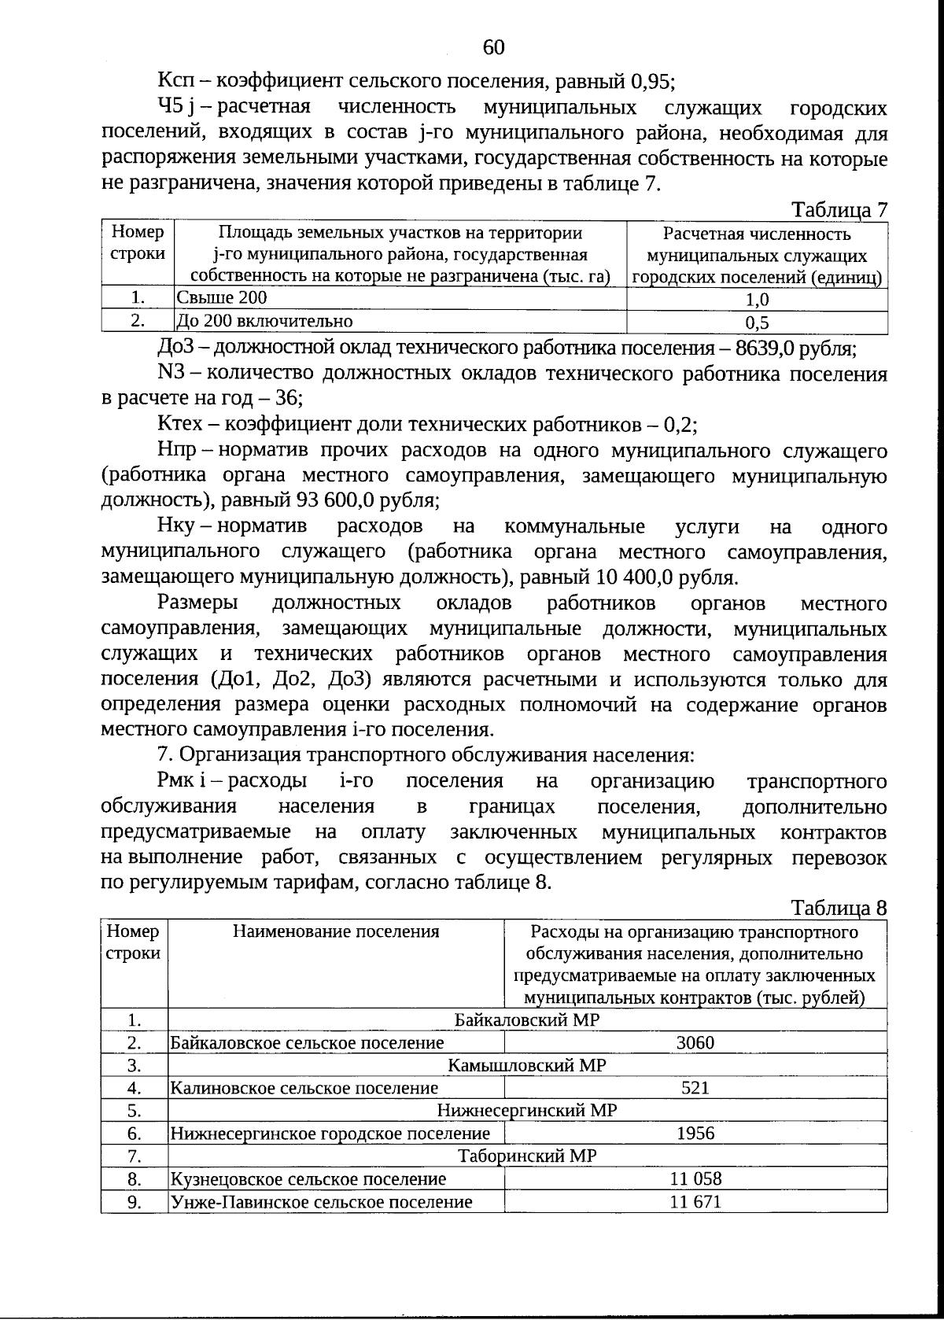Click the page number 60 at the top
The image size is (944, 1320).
pos(493,47)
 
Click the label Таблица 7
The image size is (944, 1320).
pos(839,210)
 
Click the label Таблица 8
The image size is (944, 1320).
pos(839,908)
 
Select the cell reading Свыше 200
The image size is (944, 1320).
pos(222,297)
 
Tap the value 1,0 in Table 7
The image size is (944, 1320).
pos(757,299)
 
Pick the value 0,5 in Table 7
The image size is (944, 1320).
pos(757,322)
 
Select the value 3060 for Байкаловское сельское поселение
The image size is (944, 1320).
pos(695,1042)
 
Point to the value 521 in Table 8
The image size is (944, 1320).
pos(695,1088)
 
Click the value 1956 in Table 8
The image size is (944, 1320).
pos(695,1133)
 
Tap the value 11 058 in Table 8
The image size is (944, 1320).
pos(695,1178)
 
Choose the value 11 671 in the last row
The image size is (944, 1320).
pos(695,1201)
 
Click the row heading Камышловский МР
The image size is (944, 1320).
pos(527,1065)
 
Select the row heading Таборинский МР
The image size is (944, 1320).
pos(527,1156)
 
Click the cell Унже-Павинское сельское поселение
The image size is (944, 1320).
pos(322,1201)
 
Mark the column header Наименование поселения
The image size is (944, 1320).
pos(336,932)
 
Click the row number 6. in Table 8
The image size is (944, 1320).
pos(135,1133)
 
